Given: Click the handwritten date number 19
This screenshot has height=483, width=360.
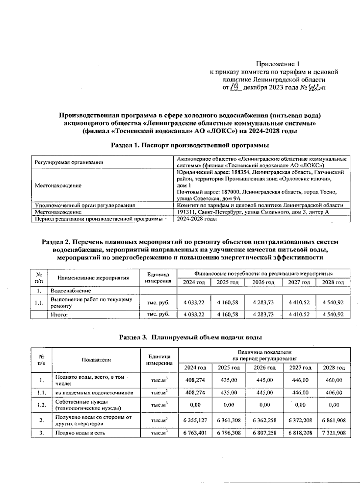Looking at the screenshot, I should pos(235,87).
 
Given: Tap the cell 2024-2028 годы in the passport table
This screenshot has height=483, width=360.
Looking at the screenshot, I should pos(197,219).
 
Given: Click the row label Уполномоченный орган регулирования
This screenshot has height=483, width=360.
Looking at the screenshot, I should pos(85,205).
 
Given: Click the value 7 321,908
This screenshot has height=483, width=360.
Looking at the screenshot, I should pos(334,433).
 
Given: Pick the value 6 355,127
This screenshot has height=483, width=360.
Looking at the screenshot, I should pos(195,420).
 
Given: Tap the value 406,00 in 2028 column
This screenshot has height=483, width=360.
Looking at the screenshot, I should pos(334,392).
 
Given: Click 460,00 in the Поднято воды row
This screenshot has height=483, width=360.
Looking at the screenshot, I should pos(334,380).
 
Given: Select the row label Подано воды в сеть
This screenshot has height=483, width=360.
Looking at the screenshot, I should pos(80,433).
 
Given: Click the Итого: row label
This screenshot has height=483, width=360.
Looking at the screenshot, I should pos(59,315).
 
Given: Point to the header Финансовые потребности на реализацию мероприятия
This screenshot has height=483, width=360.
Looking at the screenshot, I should pos(264,274).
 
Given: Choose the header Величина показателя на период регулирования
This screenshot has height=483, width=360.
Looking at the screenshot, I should pos(264,355).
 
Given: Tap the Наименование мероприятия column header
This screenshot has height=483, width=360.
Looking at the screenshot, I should pos(93,278).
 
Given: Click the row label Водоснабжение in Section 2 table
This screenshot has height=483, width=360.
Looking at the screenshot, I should pos(71,291).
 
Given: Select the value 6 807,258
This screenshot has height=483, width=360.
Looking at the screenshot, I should pos(265,433).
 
